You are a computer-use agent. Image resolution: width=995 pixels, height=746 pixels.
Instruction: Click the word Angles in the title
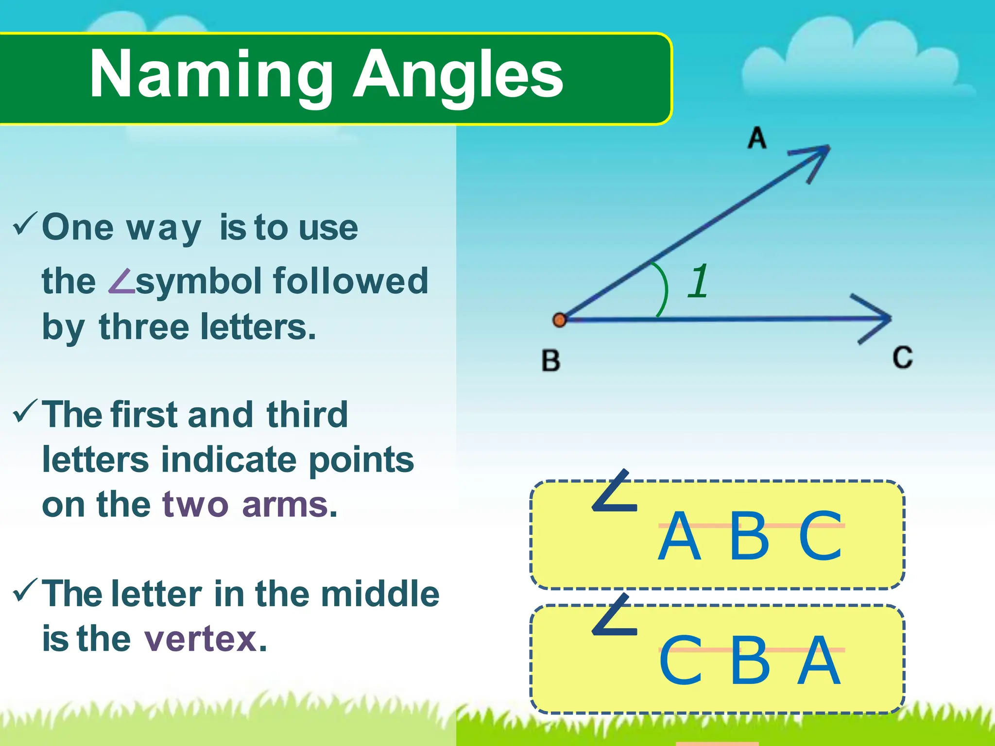pyautogui.click(x=458, y=75)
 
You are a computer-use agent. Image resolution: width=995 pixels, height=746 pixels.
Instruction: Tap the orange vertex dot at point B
pyautogui.click(x=560, y=320)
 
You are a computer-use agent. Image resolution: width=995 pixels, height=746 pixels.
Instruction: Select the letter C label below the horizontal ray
pyautogui.click(x=903, y=358)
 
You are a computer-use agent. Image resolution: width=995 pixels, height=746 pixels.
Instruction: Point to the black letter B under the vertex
pyautogui.click(x=551, y=361)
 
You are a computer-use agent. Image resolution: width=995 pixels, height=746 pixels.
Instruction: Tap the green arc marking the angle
pyautogui.click(x=664, y=289)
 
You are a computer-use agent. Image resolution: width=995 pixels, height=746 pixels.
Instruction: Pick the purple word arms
pyautogui.click(x=285, y=505)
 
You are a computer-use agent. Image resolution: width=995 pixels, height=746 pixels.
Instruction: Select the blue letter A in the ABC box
pyautogui.click(x=679, y=536)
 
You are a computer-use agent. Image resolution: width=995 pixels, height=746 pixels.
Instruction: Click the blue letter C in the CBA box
pyautogui.click(x=680, y=661)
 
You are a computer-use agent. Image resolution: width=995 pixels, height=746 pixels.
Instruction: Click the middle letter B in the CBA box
pyautogui.click(x=750, y=661)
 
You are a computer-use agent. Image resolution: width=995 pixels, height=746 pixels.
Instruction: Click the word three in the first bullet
pyautogui.click(x=144, y=327)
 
